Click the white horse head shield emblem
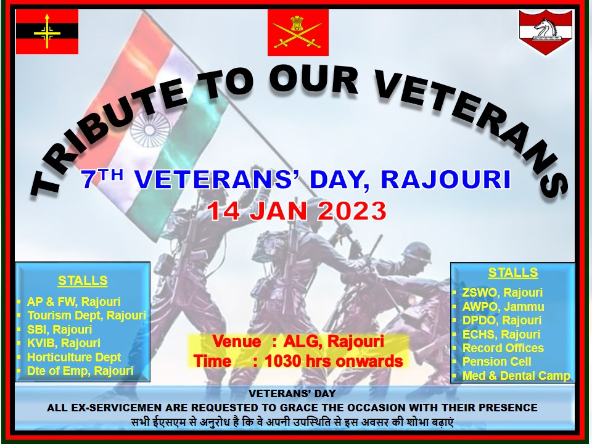pos(546,31)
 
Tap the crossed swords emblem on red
pos(298,33)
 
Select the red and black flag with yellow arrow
pos(47,31)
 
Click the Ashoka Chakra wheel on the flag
pos(150,129)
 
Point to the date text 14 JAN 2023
pos(297,211)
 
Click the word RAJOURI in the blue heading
pos(445,179)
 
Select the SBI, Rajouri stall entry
pos(59,329)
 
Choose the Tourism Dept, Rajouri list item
pos(86,315)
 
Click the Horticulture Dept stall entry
pos(73,357)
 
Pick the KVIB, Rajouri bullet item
pos(64,343)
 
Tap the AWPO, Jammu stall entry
pos(503,306)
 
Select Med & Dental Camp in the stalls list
pos(516,376)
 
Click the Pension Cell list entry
pos(496,361)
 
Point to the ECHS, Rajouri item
pos(501,334)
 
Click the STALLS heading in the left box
pos(83,281)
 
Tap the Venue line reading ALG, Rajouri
pos(298,341)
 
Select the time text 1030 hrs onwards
pos(334,361)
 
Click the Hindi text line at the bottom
pos(292,422)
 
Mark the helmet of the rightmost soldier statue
pos(416,252)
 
